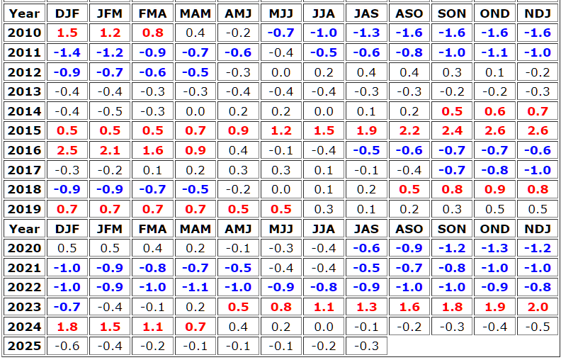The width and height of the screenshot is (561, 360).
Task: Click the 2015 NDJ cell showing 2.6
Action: point(538,131)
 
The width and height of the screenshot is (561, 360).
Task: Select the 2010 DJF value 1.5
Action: point(67,33)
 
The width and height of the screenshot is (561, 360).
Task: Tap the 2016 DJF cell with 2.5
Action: point(67,150)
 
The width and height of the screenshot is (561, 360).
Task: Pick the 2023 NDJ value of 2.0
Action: point(538,307)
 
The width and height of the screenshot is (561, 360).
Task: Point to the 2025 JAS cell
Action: point(367,346)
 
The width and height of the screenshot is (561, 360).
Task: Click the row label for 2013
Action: point(25,91)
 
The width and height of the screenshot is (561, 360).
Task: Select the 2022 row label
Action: point(25,287)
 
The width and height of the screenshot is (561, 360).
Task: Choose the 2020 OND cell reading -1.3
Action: point(494,248)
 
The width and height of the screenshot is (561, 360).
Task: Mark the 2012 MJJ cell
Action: point(281,72)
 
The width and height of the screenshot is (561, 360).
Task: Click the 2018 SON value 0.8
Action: point(452,189)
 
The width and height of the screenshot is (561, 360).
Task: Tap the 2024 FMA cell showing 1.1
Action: point(153,327)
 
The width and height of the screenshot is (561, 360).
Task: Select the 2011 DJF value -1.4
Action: point(67,52)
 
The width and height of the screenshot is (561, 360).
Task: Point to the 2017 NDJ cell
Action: point(538,170)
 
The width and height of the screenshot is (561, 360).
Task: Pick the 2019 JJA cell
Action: point(324,209)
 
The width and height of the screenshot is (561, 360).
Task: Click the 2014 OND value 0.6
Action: point(494,111)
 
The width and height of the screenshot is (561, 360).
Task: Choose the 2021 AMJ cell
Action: point(239,268)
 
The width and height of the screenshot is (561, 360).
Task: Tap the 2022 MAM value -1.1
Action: point(195,287)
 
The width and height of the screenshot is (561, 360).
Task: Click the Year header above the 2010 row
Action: point(25,13)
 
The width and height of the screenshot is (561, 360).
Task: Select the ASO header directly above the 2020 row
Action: point(409,229)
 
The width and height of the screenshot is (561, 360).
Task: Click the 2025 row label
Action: point(25,346)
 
